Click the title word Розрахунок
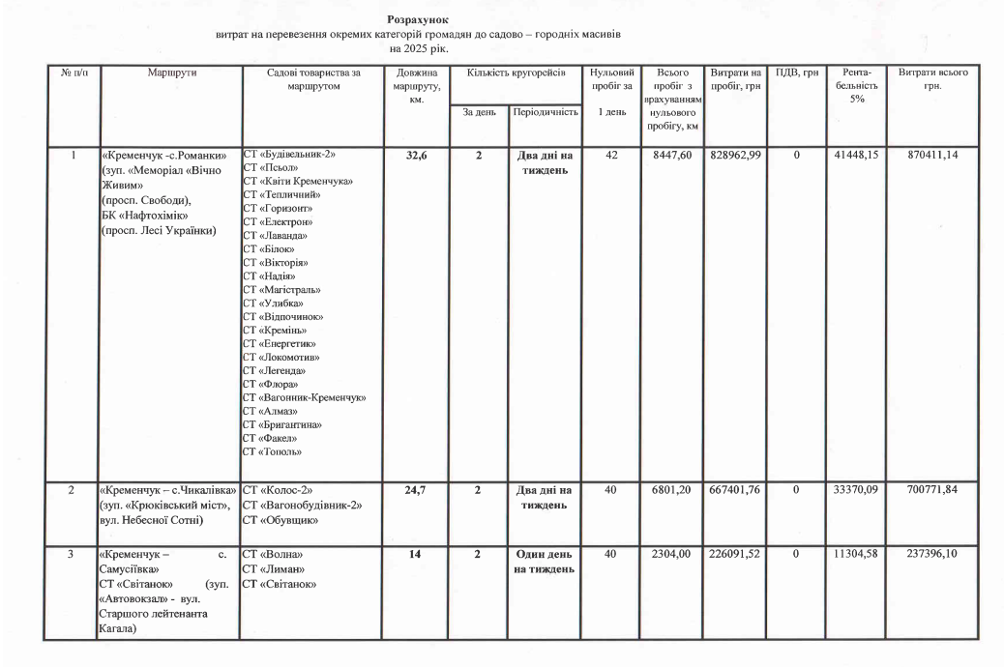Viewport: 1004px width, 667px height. click(x=418, y=19)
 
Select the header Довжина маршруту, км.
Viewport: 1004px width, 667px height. click(x=416, y=87)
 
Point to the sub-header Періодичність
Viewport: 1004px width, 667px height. click(x=546, y=112)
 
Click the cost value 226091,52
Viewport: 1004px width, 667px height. click(x=736, y=555)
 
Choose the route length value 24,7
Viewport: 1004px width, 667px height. click(x=416, y=491)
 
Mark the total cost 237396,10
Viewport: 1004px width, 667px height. click(x=933, y=555)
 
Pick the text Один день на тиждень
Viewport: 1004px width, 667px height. click(x=546, y=562)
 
